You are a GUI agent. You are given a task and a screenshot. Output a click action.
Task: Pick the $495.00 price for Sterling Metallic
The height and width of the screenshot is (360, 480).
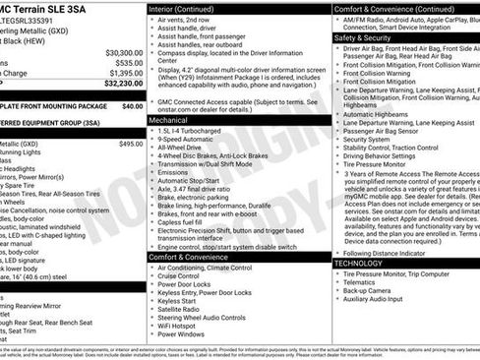pos(131,144)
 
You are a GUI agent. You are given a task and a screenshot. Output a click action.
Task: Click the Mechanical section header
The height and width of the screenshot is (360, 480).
pos(168,118)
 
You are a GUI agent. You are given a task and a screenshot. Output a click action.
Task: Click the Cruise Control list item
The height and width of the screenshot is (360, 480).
pos(185,275)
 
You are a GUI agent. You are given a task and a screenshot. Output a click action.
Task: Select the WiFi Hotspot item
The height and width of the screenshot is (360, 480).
pos(184,324)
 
